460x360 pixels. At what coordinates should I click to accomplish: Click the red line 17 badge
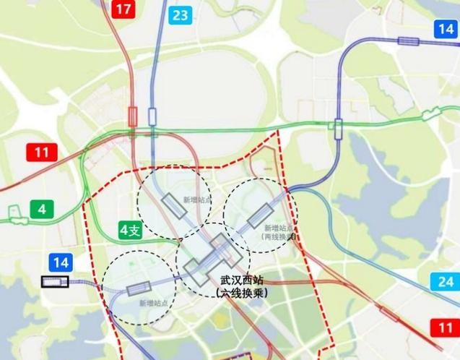point(123,9)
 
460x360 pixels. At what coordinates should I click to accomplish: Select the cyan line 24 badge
point(445,282)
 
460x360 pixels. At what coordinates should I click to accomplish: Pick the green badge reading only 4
point(42,210)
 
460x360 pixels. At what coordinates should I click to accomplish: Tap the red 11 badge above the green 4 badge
point(42,153)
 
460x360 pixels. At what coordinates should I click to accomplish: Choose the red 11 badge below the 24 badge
point(445,327)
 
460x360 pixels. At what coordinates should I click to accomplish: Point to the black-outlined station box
point(55,282)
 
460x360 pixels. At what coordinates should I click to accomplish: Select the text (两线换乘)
point(279,236)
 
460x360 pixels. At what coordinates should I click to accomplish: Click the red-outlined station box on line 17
point(133,116)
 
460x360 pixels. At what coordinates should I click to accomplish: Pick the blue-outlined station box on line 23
point(152,116)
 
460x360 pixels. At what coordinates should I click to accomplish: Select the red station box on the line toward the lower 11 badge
point(389,314)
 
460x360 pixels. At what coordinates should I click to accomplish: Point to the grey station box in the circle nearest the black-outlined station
point(138,290)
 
